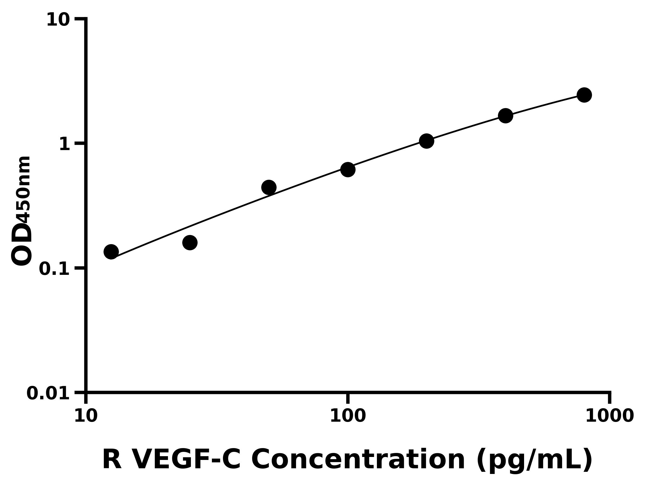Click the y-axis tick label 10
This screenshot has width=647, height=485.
[58, 20]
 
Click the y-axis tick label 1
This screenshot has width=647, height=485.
[65, 144]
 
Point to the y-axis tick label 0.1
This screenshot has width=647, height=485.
[54, 269]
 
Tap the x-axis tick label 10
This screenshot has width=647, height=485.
[86, 416]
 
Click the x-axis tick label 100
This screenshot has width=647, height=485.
[348, 416]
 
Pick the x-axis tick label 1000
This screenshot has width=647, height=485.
[610, 416]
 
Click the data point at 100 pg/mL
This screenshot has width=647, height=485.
[348, 169]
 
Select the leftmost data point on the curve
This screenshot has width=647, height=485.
[111, 252]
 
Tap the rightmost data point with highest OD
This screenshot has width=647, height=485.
[584, 95]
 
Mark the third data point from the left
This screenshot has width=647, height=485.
[269, 187]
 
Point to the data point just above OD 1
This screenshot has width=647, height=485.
[426, 141]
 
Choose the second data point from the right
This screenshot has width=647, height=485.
[505, 116]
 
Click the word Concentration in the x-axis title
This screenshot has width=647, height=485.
[358, 460]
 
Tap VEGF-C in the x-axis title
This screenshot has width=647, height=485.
[186, 460]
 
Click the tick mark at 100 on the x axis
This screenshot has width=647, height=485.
[348, 398]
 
